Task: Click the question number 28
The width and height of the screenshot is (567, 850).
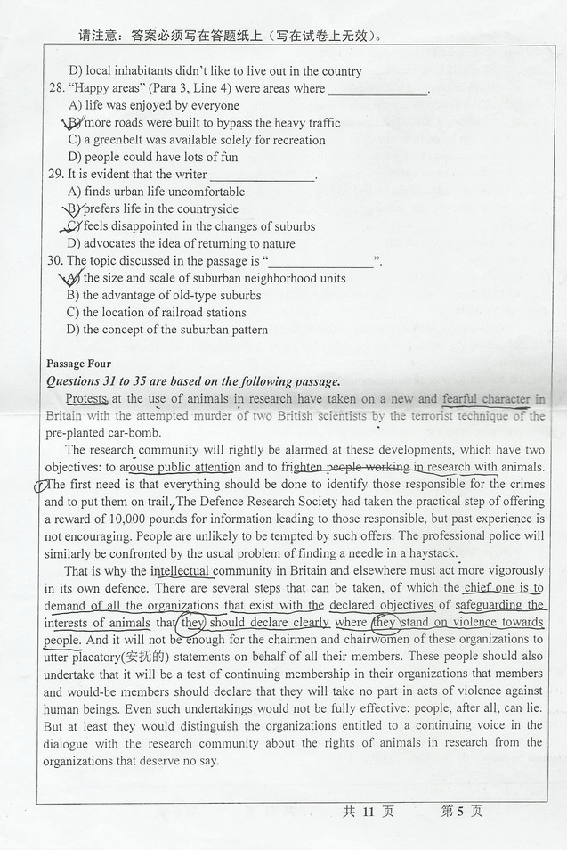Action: pos(55,89)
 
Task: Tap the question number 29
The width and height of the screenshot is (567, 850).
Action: pos(55,175)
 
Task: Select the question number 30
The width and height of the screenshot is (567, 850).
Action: pos(55,261)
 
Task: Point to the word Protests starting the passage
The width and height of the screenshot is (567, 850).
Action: pos(86,399)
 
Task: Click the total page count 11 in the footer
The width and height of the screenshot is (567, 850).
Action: pos(366,812)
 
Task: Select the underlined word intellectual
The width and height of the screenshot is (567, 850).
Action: pos(180,570)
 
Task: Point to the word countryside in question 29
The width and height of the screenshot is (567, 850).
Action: pos(207,209)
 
